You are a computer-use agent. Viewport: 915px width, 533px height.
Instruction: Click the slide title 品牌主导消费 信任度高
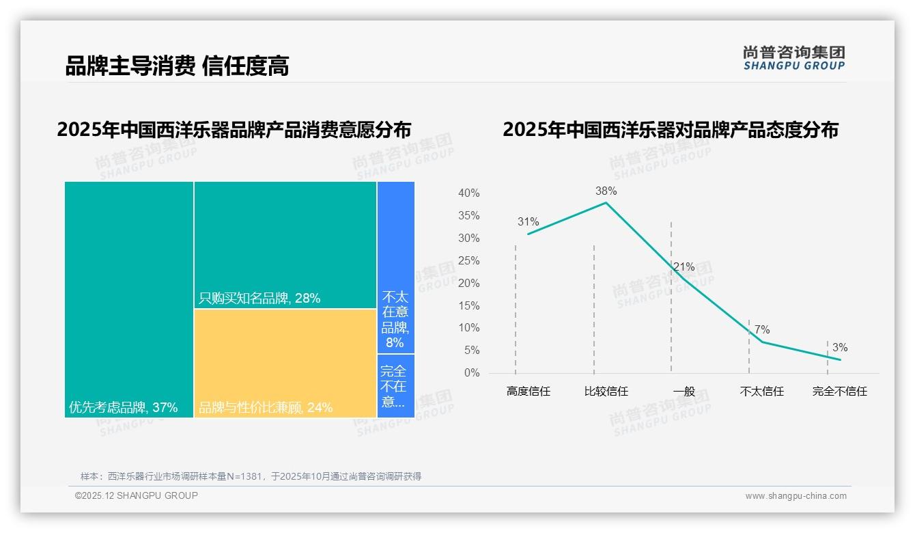(x=177, y=66)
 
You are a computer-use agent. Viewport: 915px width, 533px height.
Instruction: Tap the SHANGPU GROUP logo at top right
(x=793, y=57)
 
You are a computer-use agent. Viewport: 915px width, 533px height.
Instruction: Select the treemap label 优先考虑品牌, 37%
(x=123, y=408)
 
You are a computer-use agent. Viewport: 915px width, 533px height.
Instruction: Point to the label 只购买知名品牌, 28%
(x=259, y=299)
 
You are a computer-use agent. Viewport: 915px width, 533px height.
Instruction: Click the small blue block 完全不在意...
(x=395, y=386)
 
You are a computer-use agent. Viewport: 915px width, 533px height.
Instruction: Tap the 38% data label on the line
(x=606, y=191)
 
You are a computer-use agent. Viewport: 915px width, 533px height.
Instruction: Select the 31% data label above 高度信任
(x=528, y=222)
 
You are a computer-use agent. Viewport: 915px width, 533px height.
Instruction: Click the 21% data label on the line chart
(x=684, y=266)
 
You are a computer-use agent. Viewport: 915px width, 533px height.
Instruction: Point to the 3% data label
(x=839, y=348)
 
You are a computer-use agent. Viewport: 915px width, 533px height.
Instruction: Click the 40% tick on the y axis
(x=468, y=193)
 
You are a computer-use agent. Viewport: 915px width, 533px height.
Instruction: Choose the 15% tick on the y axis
(x=468, y=306)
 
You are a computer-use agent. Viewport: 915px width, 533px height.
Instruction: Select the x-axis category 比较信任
(x=606, y=392)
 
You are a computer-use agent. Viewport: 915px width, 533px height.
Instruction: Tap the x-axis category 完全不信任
(x=839, y=392)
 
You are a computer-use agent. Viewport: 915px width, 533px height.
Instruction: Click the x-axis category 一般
(x=684, y=392)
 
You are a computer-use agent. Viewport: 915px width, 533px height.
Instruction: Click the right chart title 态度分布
(x=670, y=130)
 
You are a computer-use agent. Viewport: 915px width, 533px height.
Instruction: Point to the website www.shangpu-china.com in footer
(x=796, y=496)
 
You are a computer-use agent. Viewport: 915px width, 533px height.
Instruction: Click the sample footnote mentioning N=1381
(x=251, y=476)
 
